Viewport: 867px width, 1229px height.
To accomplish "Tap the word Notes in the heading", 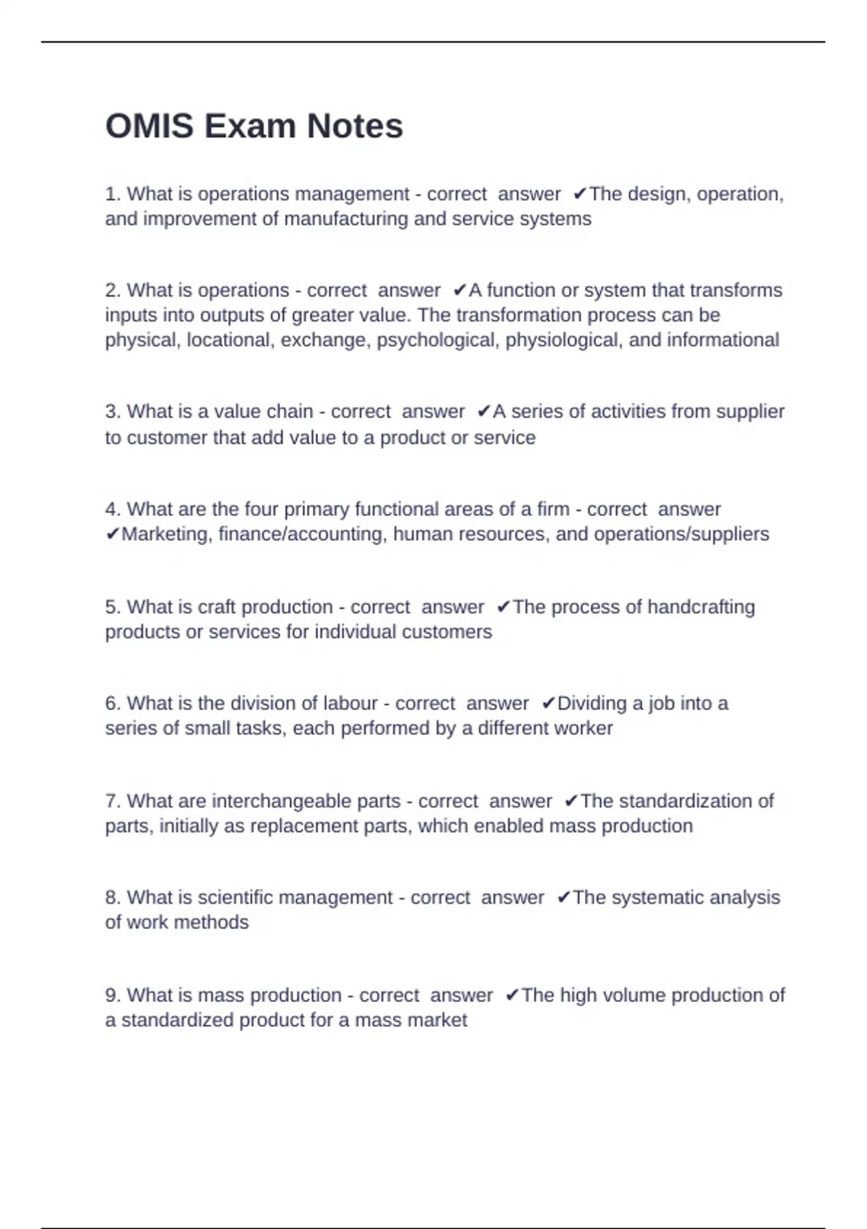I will coord(355,127).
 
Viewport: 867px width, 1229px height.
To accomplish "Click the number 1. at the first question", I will coord(113,194).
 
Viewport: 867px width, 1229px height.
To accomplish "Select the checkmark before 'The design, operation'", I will coord(579,194).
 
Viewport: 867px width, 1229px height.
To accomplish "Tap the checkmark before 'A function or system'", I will coord(460,291).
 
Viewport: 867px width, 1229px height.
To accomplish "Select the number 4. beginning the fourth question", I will coord(113,510).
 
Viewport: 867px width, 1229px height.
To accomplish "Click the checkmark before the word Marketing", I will coord(112,534).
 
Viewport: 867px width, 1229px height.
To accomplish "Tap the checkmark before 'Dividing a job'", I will coord(548,703).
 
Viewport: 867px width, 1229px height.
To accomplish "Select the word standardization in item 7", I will coord(686,801).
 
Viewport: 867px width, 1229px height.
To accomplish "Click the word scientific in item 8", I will coord(235,898).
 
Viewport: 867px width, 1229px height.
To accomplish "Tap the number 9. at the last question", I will coord(113,995).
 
